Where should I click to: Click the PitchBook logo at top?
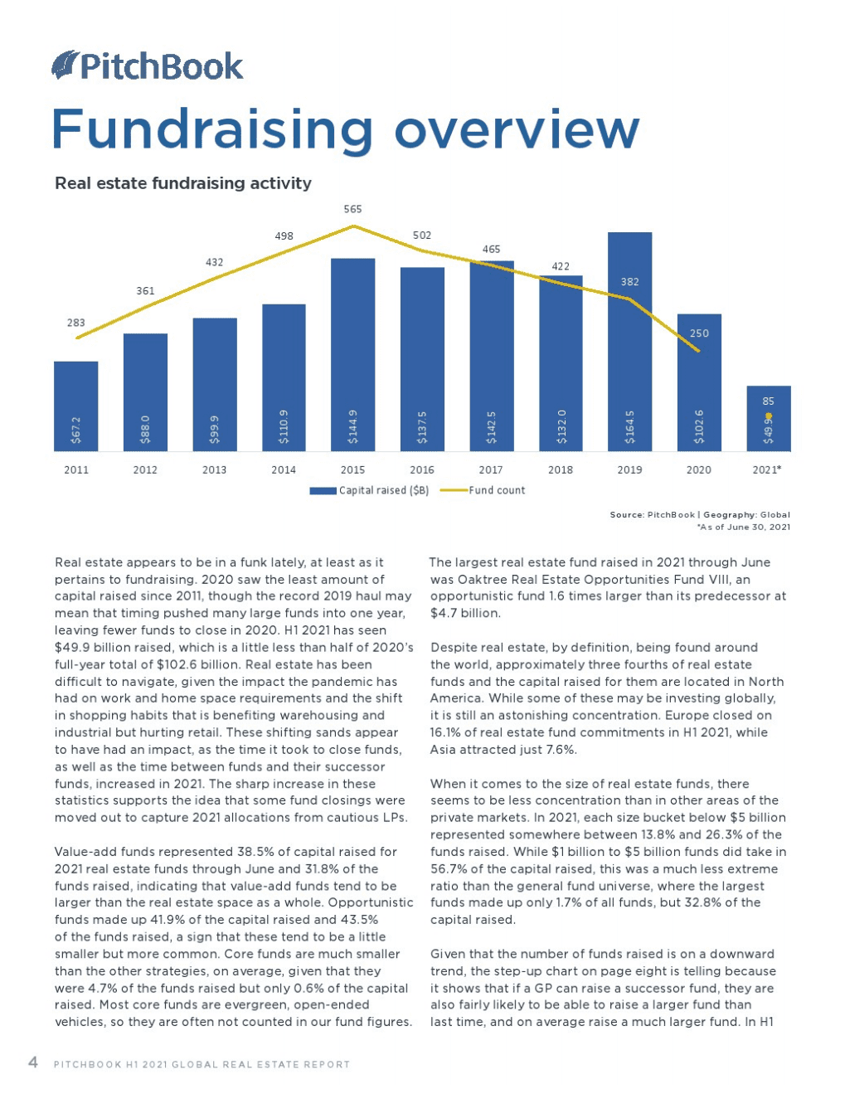click(148, 66)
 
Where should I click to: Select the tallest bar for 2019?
click(629, 340)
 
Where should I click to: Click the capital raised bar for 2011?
click(76, 406)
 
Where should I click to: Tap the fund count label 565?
click(352, 209)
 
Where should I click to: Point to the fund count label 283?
click(76, 323)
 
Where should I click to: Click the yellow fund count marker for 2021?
click(769, 416)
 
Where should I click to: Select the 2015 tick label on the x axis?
click(352, 469)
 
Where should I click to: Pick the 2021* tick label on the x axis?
click(767, 469)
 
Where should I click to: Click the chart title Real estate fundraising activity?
click(183, 183)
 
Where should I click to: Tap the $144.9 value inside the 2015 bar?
click(353, 425)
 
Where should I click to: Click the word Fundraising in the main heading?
click(212, 130)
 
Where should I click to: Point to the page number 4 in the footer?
click(33, 1062)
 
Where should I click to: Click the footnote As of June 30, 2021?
click(744, 527)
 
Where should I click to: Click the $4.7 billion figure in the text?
click(465, 613)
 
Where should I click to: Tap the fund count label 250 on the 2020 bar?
click(699, 333)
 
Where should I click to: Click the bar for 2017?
click(491, 357)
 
